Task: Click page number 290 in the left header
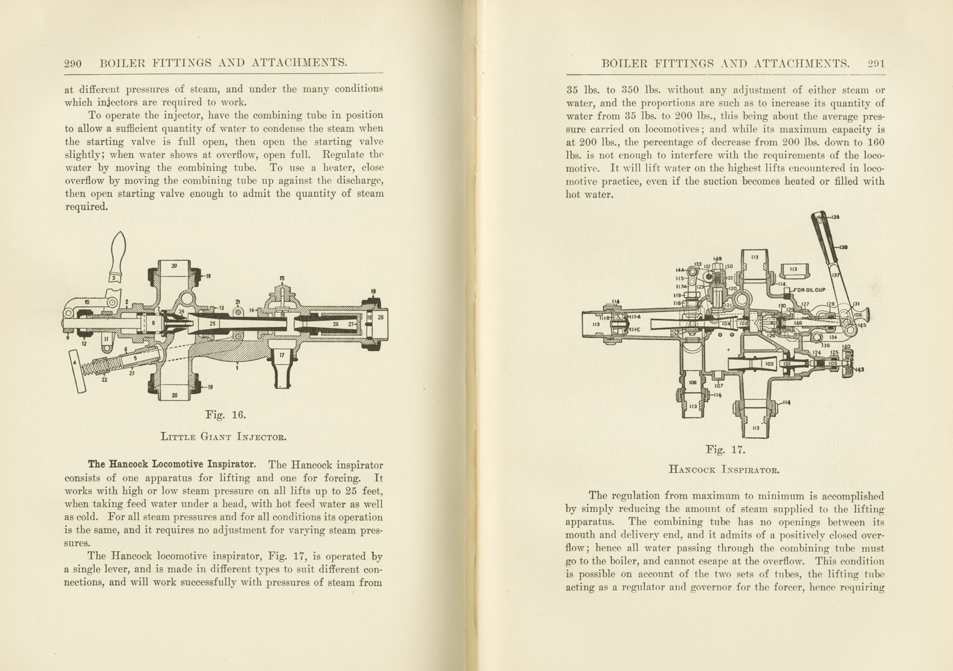pos(73,64)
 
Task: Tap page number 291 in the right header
pos(876,64)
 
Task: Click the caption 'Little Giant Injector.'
pos(223,437)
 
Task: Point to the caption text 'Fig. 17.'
pos(725,450)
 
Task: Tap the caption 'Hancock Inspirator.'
pos(724,469)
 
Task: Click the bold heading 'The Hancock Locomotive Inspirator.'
pos(172,465)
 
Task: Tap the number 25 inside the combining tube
pos(213,324)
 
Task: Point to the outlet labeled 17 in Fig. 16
pos(282,366)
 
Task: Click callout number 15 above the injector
pos(282,278)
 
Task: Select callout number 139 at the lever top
pos(835,217)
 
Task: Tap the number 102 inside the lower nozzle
pos(769,364)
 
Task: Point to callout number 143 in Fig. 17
pos(859,369)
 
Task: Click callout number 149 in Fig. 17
pos(718,259)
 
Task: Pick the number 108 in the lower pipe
pos(693,382)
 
